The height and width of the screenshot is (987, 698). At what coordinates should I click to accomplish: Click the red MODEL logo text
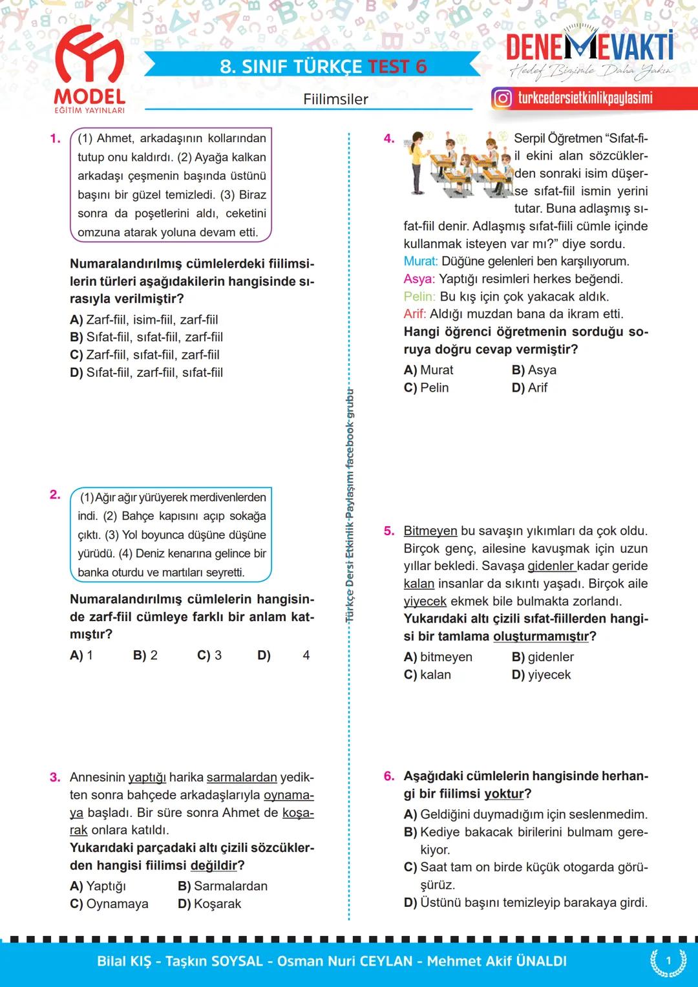[89, 97]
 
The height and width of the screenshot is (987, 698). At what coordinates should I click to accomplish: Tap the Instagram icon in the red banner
[502, 98]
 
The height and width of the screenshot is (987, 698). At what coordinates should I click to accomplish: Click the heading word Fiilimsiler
[335, 100]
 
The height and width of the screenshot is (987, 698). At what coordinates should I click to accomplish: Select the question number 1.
[55, 138]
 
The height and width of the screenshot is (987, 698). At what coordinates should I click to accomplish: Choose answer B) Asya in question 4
[534, 370]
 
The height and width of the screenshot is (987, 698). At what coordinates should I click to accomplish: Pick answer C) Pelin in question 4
[426, 388]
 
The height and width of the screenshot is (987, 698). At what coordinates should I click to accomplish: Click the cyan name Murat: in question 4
[420, 261]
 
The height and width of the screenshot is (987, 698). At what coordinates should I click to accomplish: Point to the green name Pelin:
[419, 297]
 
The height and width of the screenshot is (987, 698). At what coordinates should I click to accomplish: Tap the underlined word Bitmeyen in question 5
[430, 531]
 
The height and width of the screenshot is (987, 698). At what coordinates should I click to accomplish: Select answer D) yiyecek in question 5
[541, 675]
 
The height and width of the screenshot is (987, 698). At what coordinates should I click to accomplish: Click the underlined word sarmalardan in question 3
[242, 777]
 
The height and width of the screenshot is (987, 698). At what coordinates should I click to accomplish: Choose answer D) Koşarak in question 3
[209, 904]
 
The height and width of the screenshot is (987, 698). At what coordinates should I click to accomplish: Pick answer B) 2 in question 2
[145, 655]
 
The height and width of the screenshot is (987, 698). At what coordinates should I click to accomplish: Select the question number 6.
[388, 776]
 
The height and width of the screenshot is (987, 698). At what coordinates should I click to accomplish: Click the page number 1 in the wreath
[668, 960]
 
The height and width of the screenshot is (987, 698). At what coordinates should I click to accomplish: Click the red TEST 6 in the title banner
[397, 67]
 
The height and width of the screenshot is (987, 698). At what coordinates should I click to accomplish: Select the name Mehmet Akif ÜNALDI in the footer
[496, 961]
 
